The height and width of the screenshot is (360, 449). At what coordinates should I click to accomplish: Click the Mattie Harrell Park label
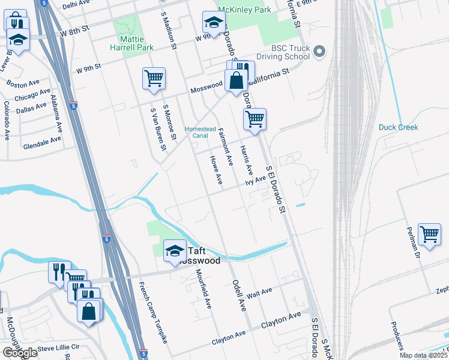click(133, 43)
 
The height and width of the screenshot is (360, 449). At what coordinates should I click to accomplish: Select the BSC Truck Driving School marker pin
click(319, 52)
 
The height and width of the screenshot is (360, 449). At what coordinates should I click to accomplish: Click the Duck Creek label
click(398, 127)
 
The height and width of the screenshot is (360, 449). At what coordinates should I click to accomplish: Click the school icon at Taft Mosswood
click(175, 251)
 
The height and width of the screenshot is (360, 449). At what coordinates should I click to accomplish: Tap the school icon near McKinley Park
click(213, 23)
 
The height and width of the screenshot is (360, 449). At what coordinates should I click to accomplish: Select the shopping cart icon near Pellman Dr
click(430, 234)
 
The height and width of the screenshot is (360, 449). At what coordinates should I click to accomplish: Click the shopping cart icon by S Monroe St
click(154, 78)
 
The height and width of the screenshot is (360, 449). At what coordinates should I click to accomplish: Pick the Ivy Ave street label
click(255, 179)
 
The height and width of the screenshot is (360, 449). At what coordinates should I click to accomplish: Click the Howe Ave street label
click(215, 170)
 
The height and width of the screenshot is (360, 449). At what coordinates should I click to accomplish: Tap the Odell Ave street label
click(239, 295)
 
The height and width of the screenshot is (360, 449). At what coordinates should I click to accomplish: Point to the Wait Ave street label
click(259, 292)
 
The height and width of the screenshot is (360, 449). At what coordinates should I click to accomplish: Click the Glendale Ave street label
click(42, 142)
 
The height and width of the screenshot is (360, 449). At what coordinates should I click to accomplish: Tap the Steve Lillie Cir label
click(58, 347)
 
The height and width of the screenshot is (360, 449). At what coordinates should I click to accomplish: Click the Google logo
click(20, 353)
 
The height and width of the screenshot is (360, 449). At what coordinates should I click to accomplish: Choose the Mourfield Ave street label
click(204, 288)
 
